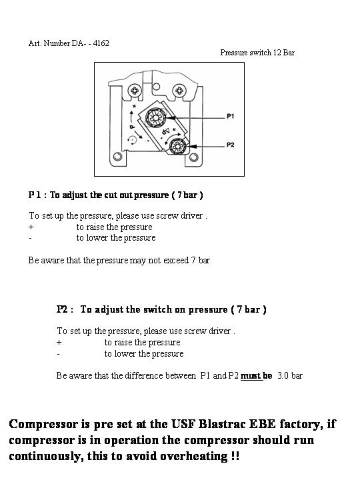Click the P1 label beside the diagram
[230, 116]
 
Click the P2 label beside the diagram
[231, 145]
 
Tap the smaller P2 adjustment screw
[178, 146]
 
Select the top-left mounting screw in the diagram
[135, 91]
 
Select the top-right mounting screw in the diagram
[179, 91]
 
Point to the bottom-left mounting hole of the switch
[117, 157]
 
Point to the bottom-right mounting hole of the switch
[193, 157]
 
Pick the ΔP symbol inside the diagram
[165, 131]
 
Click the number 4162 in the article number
[101, 43]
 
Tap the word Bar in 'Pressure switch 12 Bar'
[289, 53]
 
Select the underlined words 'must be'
[256, 375]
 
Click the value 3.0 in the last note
[283, 375]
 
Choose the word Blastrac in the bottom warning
[222, 424]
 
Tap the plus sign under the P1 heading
[31, 227]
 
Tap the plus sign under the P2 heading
[59, 342]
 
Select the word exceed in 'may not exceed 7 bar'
[176, 261]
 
